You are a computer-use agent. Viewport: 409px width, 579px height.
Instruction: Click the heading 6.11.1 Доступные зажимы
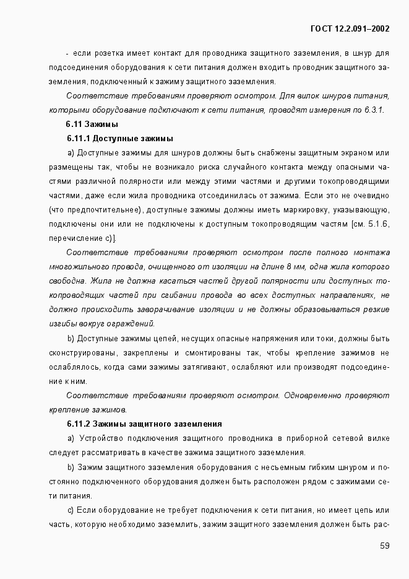coord(119,139)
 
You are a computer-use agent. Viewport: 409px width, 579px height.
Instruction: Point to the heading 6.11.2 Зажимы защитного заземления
coord(144,424)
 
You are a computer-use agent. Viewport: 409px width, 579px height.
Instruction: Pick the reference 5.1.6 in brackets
coord(378,224)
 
